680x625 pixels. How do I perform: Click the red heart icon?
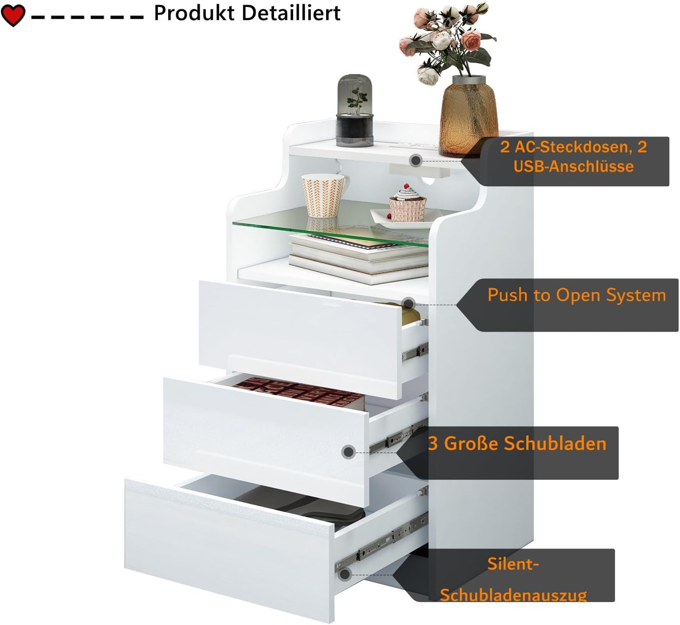pos(13,15)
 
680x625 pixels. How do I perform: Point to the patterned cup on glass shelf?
pos(324,195)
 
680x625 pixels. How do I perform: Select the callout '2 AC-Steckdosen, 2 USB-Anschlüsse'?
pos(574,157)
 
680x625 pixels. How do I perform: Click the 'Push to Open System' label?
pos(576,295)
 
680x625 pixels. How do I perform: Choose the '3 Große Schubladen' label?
pos(517,444)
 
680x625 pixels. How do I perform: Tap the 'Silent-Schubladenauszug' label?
pos(513,579)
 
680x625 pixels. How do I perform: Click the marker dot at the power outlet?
pos(416,160)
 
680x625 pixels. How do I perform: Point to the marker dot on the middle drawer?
pos(348,452)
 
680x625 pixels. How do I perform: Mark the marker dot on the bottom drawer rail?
pos(344,574)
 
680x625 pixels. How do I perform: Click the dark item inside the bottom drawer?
pos(302,507)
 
